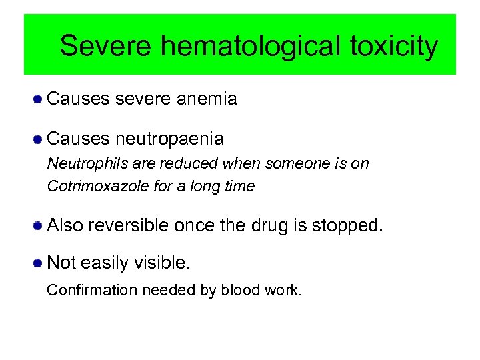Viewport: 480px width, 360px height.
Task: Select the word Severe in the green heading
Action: (106, 47)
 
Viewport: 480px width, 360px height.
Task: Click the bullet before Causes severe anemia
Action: (39, 100)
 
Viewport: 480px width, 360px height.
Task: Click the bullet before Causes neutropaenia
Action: (39, 139)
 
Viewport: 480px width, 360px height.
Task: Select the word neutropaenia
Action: (169, 139)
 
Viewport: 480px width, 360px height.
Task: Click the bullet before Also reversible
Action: (39, 225)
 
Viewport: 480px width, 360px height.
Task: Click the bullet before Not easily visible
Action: (39, 263)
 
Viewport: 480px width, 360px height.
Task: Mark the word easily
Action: (103, 263)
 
